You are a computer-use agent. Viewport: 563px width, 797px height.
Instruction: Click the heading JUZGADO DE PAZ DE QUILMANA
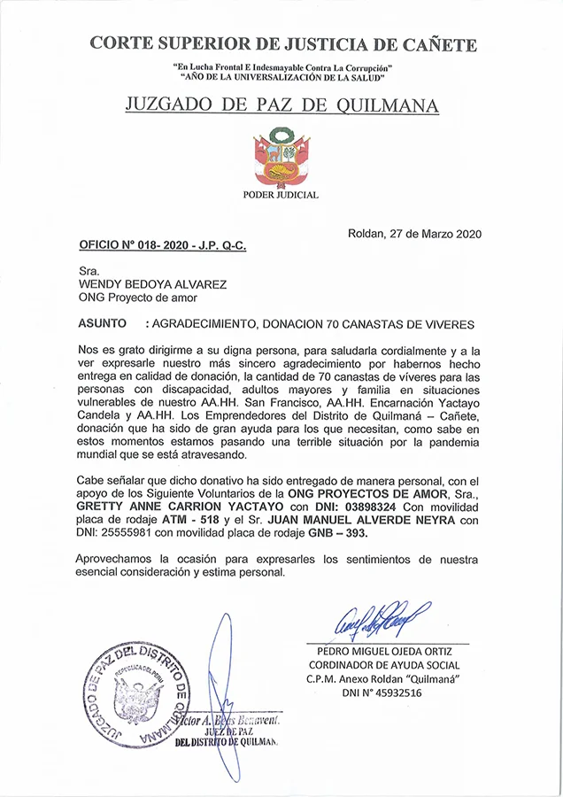tap(281, 106)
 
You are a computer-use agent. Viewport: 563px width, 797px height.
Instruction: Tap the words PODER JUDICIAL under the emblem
tap(281, 195)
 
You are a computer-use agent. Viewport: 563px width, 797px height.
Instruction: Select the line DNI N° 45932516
tap(383, 693)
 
